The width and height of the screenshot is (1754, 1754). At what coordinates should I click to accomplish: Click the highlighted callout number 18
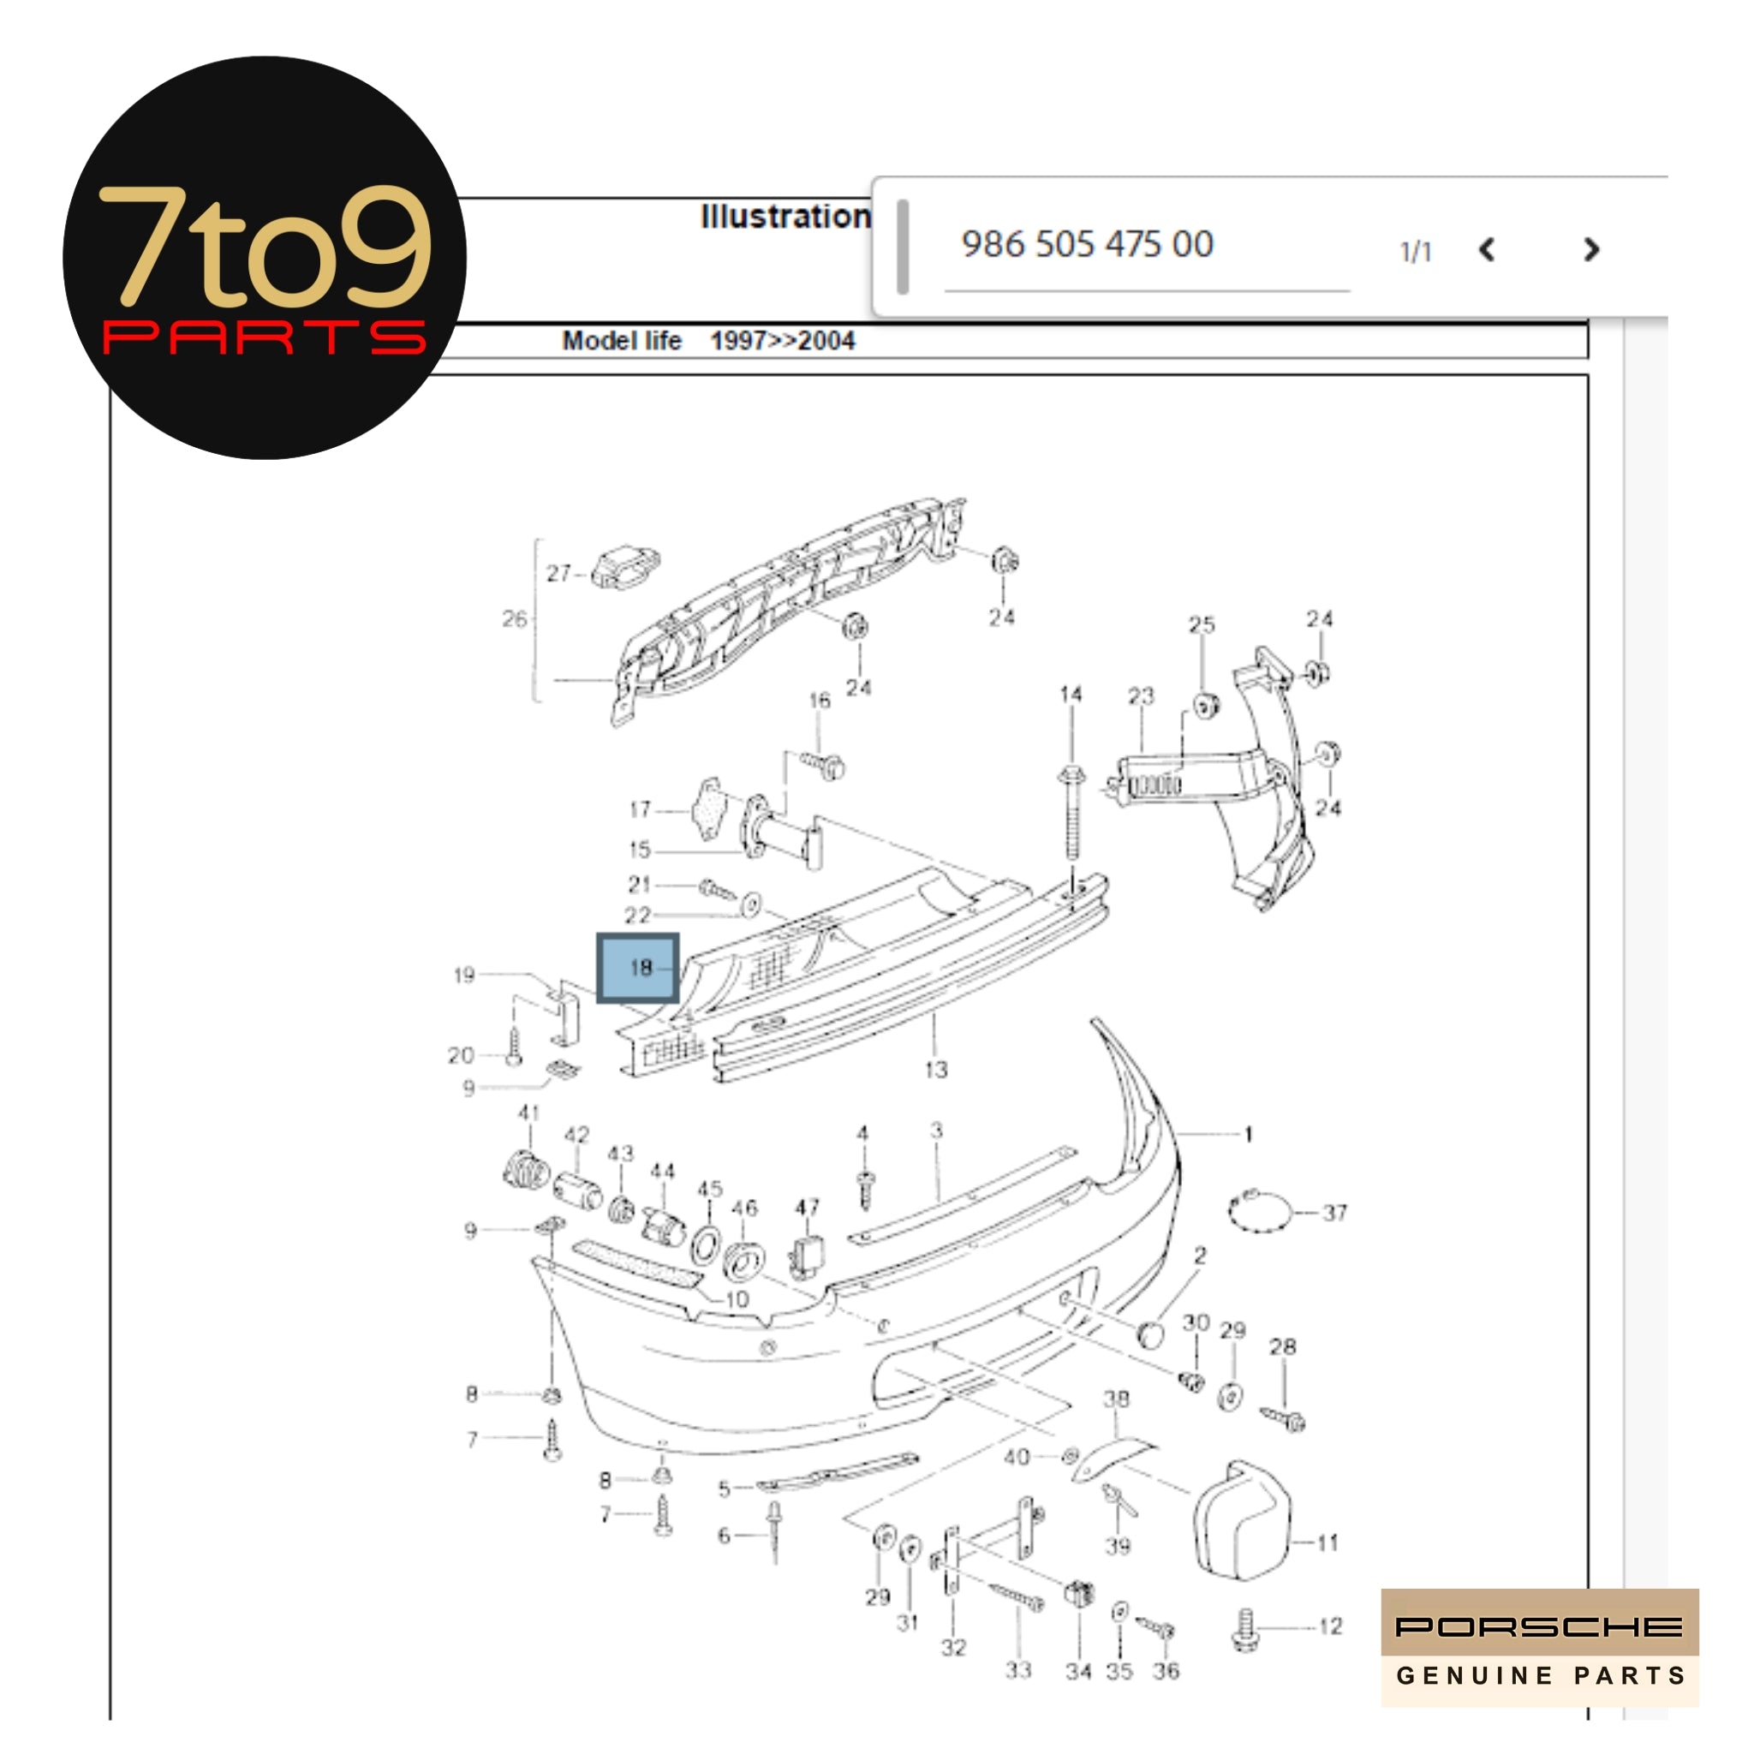pyautogui.click(x=639, y=968)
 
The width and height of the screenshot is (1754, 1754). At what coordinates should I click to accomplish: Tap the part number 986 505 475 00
pyautogui.click(x=1087, y=244)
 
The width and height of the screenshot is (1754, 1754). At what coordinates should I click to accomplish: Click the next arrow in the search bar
pyautogui.click(x=1590, y=250)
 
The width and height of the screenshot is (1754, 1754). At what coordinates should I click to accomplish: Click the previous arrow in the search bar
pyautogui.click(x=1486, y=250)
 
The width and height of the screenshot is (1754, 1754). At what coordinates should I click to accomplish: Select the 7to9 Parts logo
pyautogui.click(x=264, y=259)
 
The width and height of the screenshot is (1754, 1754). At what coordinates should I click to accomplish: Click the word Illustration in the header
pyautogui.click(x=785, y=216)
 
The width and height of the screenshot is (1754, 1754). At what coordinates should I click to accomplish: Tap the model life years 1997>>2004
pyautogui.click(x=782, y=342)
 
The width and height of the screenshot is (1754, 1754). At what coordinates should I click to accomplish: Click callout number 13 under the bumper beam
pyautogui.click(x=936, y=1071)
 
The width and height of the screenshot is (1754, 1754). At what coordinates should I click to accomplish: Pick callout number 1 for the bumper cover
pyautogui.click(x=1249, y=1134)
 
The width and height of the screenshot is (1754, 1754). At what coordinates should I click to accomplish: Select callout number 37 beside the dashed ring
pyautogui.click(x=1333, y=1213)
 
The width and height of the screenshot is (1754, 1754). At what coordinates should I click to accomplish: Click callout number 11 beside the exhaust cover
pyautogui.click(x=1327, y=1542)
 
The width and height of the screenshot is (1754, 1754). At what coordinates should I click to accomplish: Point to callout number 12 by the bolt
pyautogui.click(x=1330, y=1626)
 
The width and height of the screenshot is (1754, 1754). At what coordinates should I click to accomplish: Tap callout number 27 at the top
pyautogui.click(x=558, y=573)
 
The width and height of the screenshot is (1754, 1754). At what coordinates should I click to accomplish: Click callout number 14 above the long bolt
pyautogui.click(x=1071, y=695)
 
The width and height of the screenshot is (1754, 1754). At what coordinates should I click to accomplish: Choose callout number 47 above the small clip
pyautogui.click(x=807, y=1208)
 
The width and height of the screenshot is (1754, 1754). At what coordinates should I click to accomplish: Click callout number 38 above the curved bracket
pyautogui.click(x=1116, y=1399)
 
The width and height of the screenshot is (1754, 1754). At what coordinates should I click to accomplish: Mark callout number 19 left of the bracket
pyautogui.click(x=464, y=975)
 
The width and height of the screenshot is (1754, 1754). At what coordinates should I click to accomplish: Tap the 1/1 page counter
pyautogui.click(x=1416, y=252)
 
